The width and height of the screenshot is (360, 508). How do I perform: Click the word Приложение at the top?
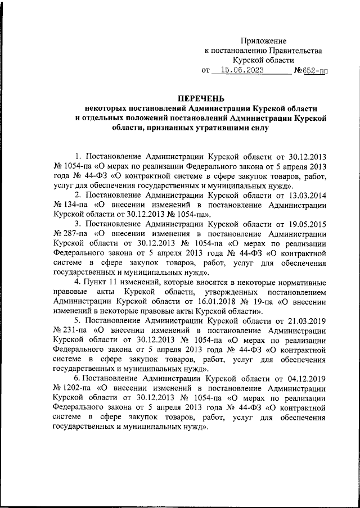tap(264, 41)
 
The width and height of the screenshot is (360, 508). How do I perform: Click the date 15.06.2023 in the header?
tap(241, 71)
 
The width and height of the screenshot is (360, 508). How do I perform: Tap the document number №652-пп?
tap(311, 71)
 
